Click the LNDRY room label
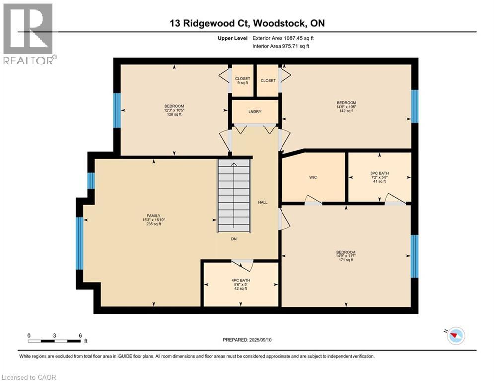[255, 112]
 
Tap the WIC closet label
[313, 177]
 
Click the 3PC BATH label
[379, 178]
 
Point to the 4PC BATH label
[241, 284]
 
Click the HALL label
[263, 202]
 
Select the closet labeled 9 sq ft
[243, 81]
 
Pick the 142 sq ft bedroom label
[346, 107]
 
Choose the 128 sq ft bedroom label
[174, 110]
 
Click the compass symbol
[455, 336]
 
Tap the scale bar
[55, 340]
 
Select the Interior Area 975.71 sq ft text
[281, 46]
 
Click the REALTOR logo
[28, 34]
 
